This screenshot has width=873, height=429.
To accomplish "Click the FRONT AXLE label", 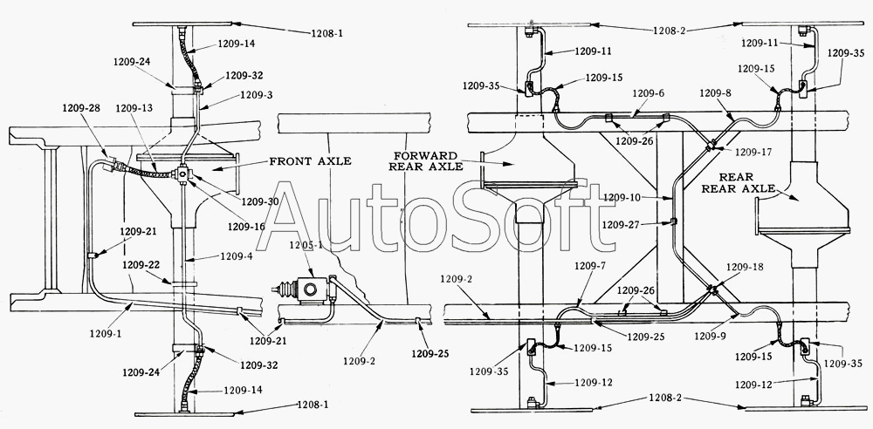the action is [310, 160].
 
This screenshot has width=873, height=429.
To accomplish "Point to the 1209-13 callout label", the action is [134, 108].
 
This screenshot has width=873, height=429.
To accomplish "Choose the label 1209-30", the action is [260, 201].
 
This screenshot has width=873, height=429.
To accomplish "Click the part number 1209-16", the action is [247, 226].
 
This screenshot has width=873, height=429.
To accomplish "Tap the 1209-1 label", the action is [106, 333].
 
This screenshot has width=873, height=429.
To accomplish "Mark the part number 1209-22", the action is [141, 265].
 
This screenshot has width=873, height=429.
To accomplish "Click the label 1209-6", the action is [649, 94].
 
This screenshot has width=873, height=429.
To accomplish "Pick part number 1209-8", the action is [716, 93].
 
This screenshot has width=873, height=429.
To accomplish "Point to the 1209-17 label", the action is [754, 151].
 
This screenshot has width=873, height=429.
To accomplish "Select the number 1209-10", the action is [622, 196].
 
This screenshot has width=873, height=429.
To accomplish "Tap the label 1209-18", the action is [745, 267].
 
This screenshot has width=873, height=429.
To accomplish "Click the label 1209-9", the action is [712, 336].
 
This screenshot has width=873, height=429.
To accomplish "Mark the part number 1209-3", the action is [256, 95].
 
